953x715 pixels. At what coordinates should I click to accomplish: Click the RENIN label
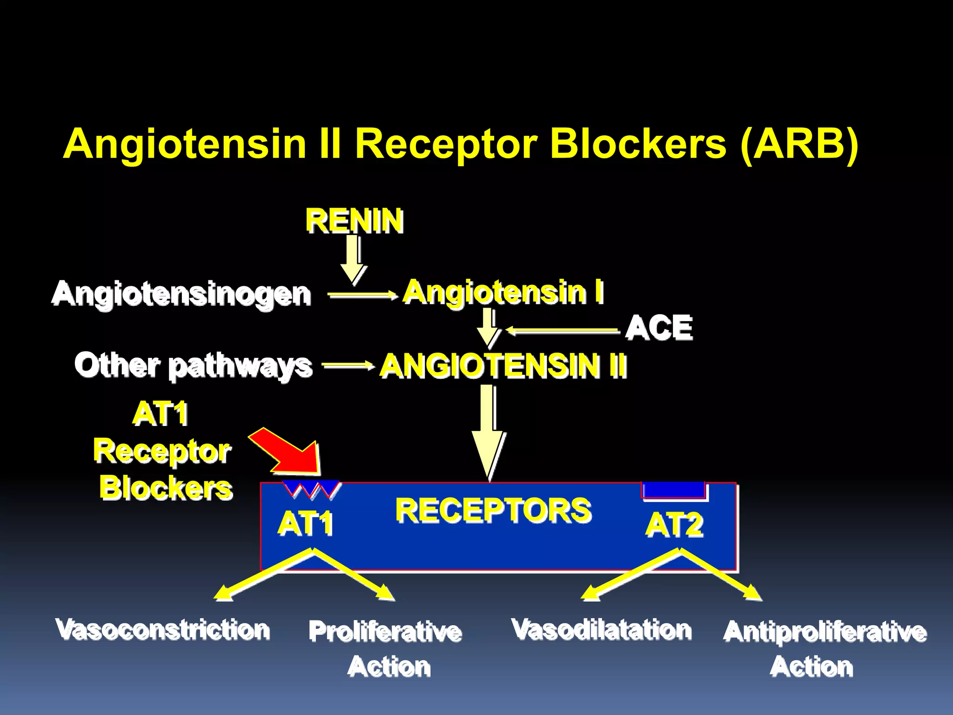[354, 221]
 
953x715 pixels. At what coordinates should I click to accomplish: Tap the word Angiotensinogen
[181, 294]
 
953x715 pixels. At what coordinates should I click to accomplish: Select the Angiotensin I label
[503, 292]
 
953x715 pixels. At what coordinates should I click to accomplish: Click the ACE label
[659, 328]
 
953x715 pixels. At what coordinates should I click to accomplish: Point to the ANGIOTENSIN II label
[503, 366]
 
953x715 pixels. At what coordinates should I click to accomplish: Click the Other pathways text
[193, 365]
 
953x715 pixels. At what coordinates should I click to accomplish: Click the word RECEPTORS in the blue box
[493, 510]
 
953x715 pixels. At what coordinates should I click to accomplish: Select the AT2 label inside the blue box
[674, 525]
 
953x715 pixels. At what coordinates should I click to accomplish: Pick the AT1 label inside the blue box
[305, 523]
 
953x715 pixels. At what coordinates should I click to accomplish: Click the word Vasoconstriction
[162, 629]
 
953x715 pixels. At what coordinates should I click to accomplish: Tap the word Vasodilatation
[601, 629]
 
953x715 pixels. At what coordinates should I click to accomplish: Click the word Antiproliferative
[825, 632]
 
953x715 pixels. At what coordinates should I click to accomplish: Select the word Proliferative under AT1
[385, 632]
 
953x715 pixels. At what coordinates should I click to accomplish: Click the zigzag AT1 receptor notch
[311, 489]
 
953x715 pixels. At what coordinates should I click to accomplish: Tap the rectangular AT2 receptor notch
[673, 490]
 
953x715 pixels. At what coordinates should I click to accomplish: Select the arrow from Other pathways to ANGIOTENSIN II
[348, 366]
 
